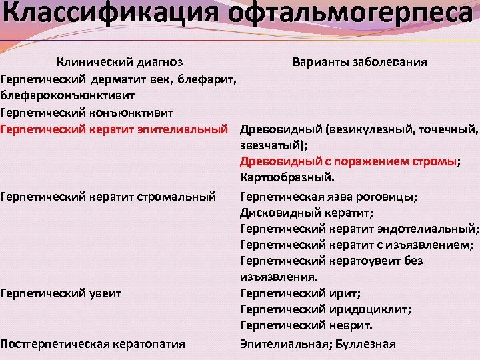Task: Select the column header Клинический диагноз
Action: pyautogui.click(x=119, y=62)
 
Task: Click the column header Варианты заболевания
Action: pyautogui.click(x=360, y=62)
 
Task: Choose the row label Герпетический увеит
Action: pyautogui.click(x=61, y=293)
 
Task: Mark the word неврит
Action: pyautogui.click(x=349, y=326)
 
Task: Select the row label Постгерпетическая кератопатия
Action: pyautogui.click(x=93, y=344)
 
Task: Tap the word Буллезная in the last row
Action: pyautogui.click(x=366, y=344)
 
